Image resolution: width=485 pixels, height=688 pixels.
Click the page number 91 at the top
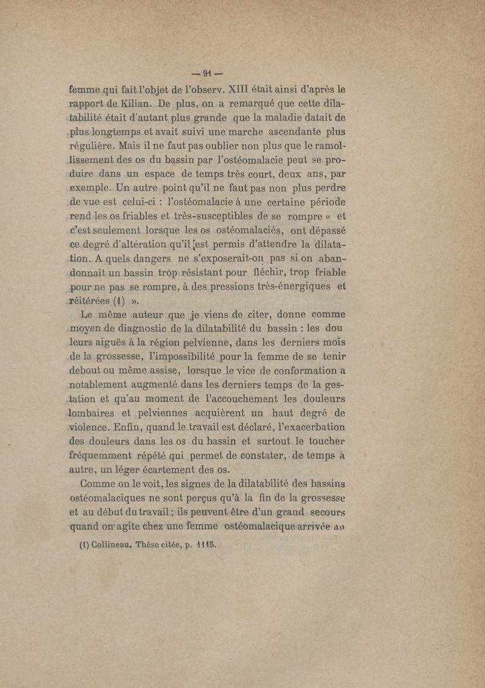pos(243,67)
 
